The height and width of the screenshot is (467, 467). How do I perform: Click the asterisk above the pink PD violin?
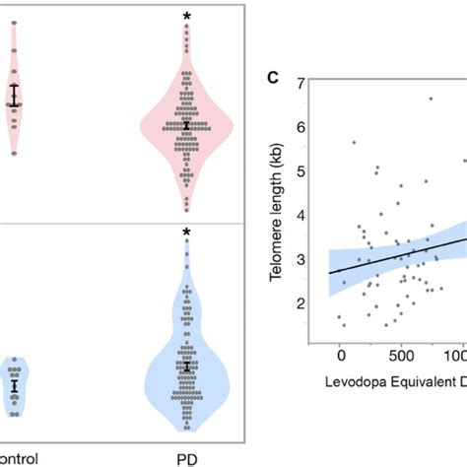186,16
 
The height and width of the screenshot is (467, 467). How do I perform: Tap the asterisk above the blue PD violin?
186,233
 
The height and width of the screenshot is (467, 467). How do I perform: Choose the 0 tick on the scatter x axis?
340,353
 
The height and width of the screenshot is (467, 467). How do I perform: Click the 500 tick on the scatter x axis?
400,353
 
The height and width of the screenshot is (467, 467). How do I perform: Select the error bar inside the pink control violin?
14,96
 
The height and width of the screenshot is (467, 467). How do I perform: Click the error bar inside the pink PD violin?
186,125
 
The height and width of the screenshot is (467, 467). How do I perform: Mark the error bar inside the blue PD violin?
186,367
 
